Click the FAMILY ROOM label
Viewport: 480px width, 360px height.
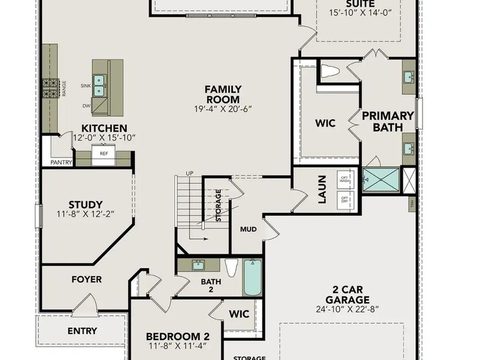(214, 94)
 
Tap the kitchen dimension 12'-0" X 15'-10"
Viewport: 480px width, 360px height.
(104, 138)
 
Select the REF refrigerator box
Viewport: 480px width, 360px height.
(104, 154)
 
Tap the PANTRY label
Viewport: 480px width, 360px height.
(62, 162)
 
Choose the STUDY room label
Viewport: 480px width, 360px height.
(85, 205)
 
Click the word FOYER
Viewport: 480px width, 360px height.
(86, 279)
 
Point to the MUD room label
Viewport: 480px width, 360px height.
(248, 229)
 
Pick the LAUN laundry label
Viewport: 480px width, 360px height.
(322, 188)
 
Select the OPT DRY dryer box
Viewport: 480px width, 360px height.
(345, 199)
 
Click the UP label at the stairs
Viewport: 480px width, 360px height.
(190, 173)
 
